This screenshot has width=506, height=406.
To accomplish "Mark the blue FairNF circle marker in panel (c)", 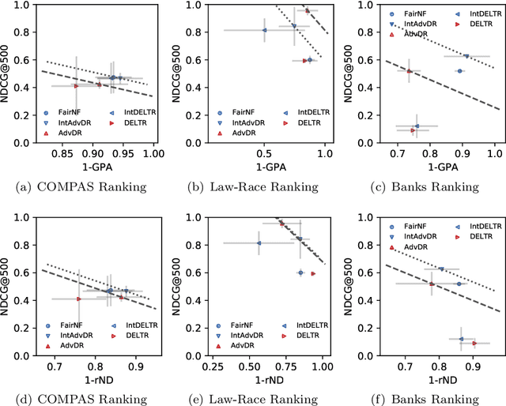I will tap(459, 71).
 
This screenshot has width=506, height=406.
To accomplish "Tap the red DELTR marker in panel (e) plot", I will tap(313, 273).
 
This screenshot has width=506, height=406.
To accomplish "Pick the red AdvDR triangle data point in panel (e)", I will tap(281, 224).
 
